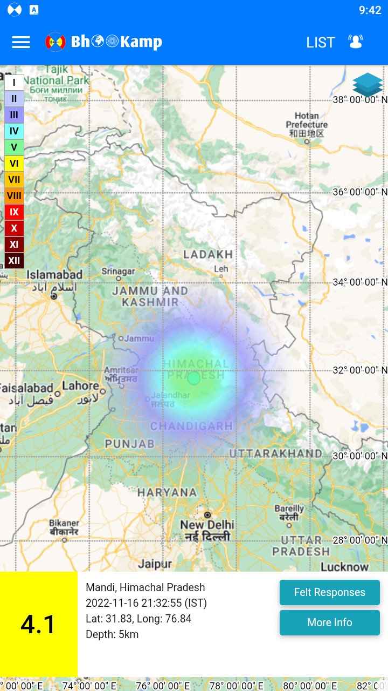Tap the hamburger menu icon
(21, 42)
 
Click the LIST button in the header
(321, 43)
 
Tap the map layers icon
(368, 85)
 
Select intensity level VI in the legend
(14, 163)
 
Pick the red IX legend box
(14, 212)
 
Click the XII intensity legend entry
(14, 261)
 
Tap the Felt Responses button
(329, 592)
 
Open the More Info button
(329, 622)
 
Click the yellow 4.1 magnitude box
(39, 624)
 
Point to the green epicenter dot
(194, 378)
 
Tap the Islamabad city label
(55, 275)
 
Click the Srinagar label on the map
(119, 271)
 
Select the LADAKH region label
(208, 254)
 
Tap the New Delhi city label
(207, 525)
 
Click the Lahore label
(81, 386)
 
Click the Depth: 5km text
(112, 634)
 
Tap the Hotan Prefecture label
(307, 120)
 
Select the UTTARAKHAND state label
(276, 453)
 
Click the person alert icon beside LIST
(356, 42)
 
